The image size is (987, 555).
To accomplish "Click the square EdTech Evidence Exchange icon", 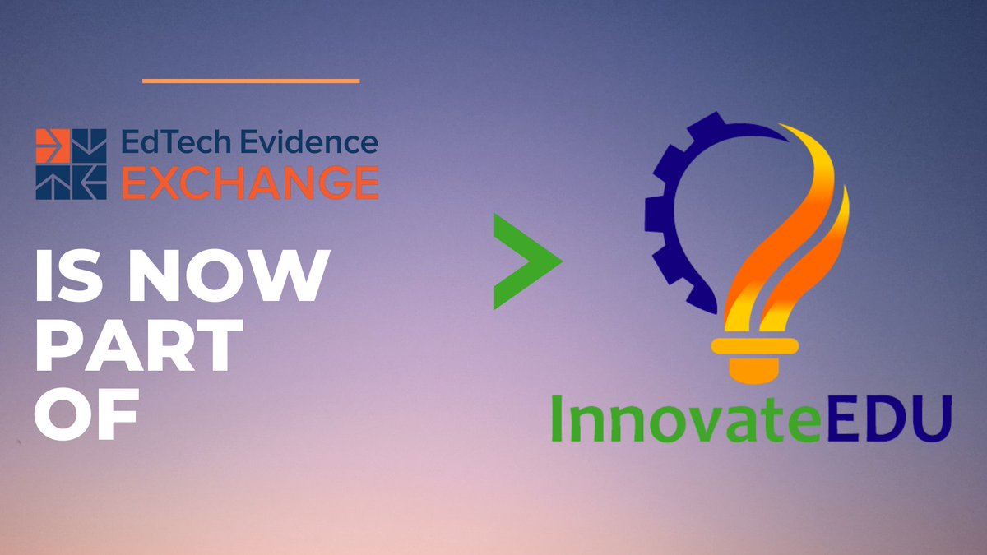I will pos(71,163).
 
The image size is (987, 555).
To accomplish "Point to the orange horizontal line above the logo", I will pos(251,81).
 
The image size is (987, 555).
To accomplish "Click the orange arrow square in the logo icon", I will pos(53,146).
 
